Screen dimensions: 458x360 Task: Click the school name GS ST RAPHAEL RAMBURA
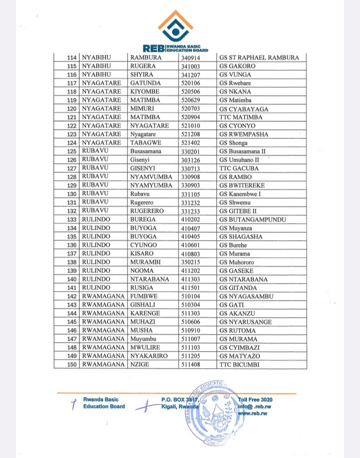[x=259, y=57]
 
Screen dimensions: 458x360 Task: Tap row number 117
[x=72, y=83]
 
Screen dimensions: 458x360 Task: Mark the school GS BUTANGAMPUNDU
[x=252, y=219]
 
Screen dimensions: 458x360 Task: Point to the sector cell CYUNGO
[x=143, y=245]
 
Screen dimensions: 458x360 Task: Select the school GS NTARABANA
[x=243, y=279]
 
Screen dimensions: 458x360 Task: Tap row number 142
[x=72, y=296]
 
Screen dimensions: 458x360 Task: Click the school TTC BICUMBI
[x=239, y=365]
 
